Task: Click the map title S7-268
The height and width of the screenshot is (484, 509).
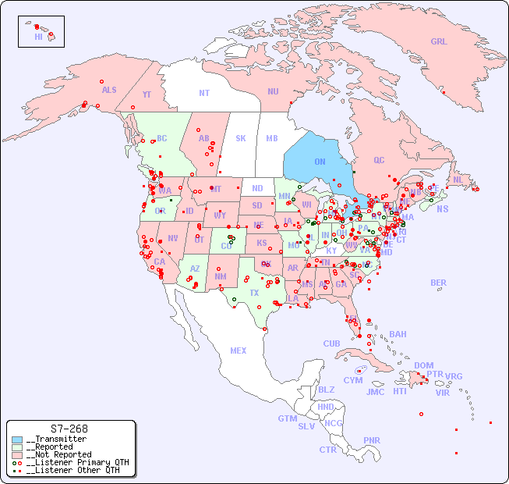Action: [x=69, y=429]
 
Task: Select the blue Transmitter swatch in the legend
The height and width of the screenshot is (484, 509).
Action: [x=16, y=440]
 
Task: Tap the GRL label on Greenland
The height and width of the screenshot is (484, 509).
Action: [x=439, y=42]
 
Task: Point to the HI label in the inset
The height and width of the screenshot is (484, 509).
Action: [x=38, y=36]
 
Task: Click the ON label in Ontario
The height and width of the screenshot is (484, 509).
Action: [x=320, y=162]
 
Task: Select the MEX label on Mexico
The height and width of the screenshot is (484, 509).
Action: [x=239, y=351]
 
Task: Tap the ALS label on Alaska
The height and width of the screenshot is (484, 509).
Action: [x=109, y=90]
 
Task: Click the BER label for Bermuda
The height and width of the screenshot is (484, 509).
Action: [x=439, y=283]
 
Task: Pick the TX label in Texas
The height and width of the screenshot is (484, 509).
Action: [x=254, y=293]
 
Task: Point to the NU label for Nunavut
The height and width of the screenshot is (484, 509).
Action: [x=273, y=91]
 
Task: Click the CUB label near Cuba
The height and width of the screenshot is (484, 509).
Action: [x=331, y=343]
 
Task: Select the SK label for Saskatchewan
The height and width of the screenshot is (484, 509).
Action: [x=241, y=138]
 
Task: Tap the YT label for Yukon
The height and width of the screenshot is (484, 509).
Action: [x=147, y=94]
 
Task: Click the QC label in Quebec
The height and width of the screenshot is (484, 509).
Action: [x=379, y=160]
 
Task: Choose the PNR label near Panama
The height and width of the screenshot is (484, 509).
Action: [x=372, y=440]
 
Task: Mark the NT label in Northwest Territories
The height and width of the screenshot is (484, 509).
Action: [x=204, y=93]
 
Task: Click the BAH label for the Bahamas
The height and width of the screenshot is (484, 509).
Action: [x=398, y=334]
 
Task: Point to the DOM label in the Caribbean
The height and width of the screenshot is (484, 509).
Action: [x=423, y=365]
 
